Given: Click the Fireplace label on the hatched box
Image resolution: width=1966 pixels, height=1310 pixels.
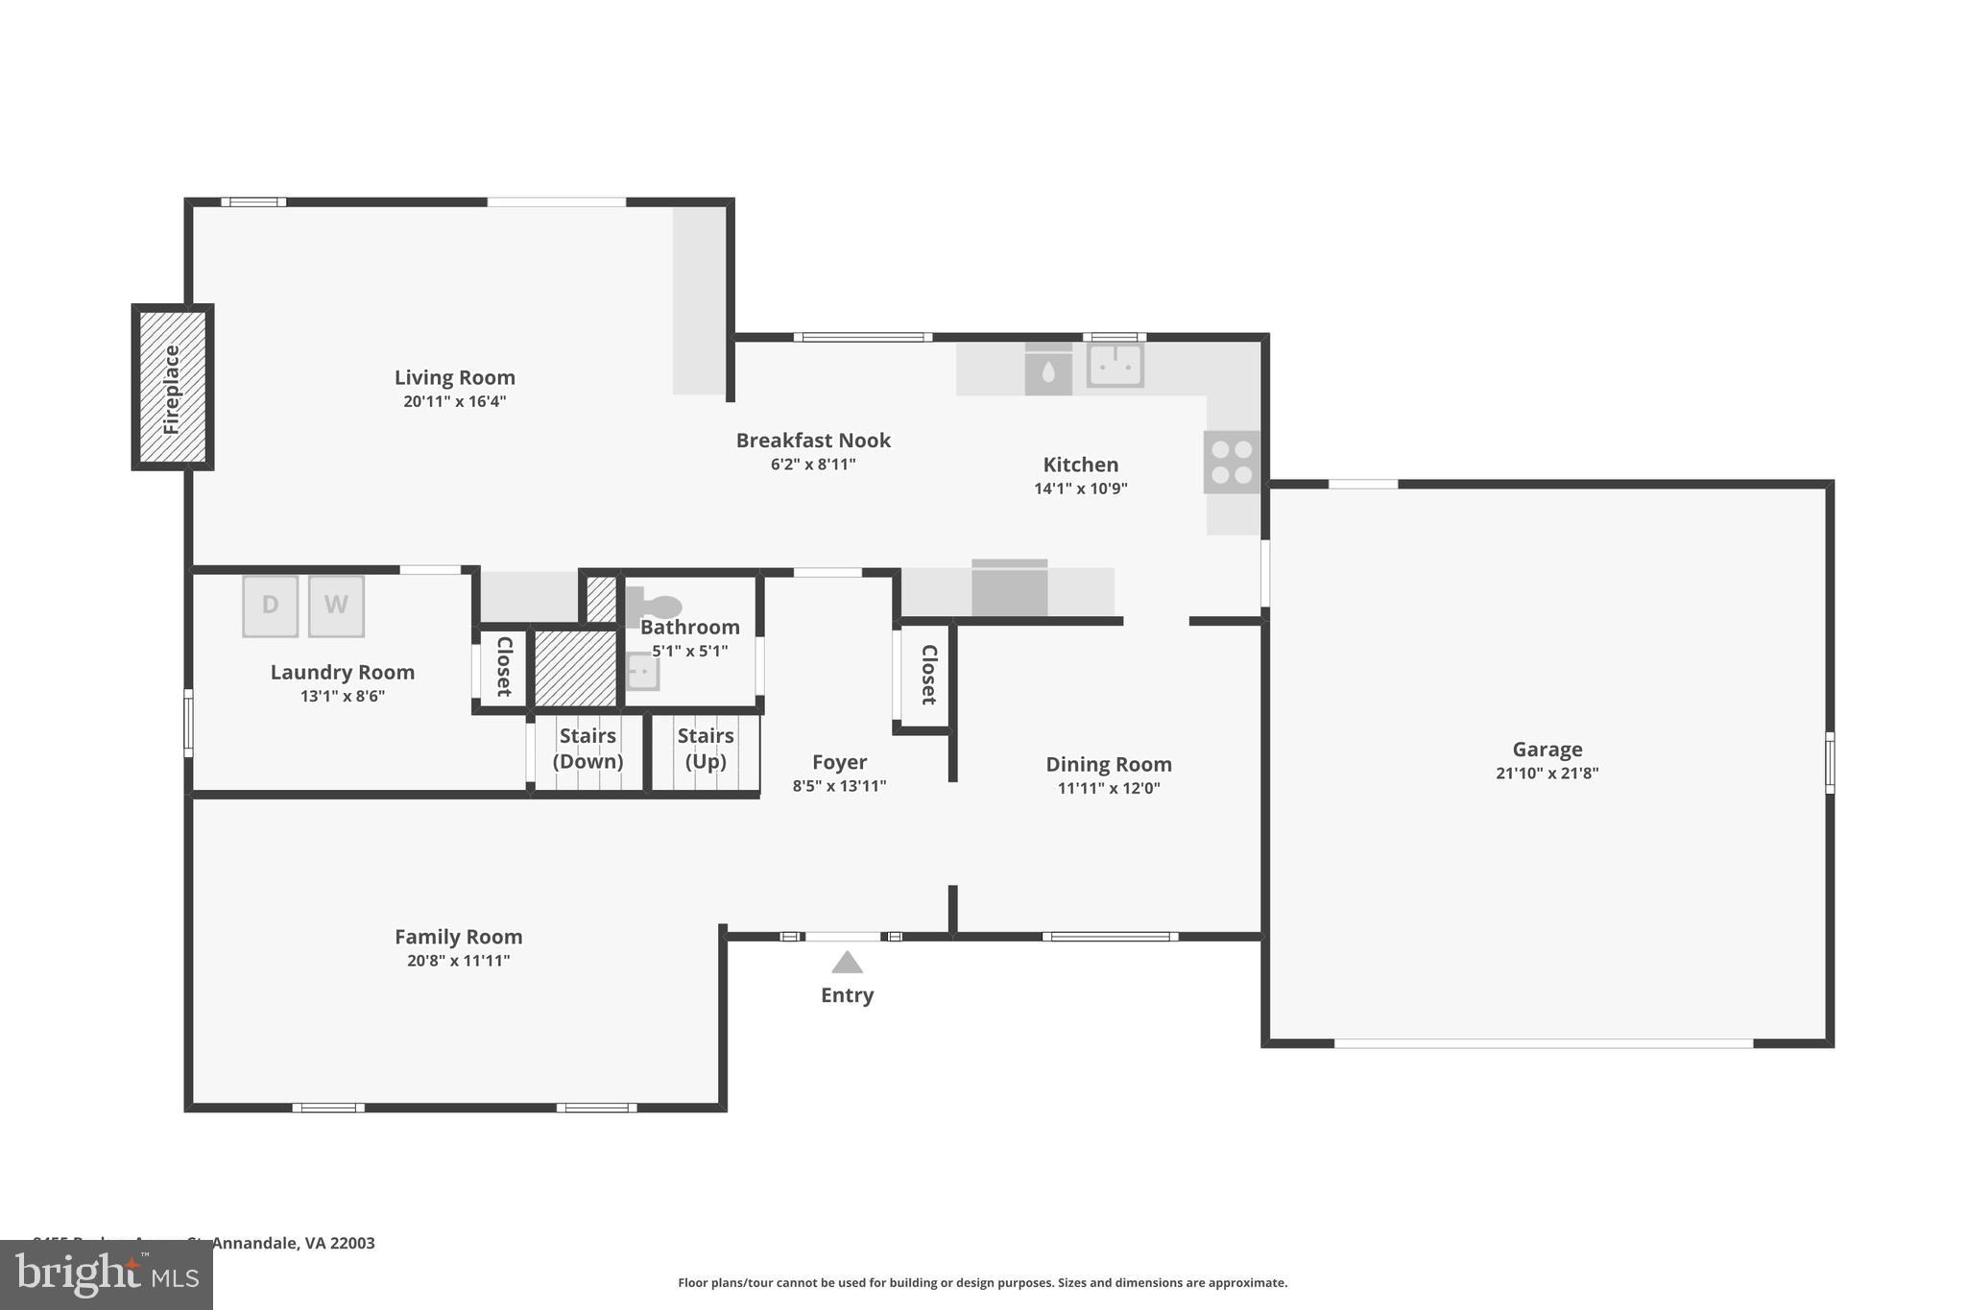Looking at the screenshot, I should [172, 389].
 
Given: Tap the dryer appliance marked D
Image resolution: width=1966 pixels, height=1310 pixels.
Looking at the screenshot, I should [270, 606].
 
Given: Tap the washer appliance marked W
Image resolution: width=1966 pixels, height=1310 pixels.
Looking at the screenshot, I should [336, 606].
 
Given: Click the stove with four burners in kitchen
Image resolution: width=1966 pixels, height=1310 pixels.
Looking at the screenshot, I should [1232, 462].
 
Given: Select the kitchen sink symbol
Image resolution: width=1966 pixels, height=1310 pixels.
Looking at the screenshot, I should [1115, 366].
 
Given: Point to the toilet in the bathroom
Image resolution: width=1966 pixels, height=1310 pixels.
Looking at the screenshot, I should [656, 607].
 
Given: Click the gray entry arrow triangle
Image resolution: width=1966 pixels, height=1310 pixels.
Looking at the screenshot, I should [847, 963].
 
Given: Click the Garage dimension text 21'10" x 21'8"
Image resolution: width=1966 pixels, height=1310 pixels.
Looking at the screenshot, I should [1546, 774].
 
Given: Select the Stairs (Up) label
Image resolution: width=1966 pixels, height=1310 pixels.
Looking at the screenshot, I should [706, 749].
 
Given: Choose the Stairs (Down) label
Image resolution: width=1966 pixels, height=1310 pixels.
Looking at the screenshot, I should [587, 749].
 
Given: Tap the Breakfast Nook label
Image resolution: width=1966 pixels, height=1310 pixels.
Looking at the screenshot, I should [813, 441].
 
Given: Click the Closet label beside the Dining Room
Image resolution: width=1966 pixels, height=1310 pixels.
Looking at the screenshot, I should [928, 675].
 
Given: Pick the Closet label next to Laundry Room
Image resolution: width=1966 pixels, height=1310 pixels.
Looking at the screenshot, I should [503, 666].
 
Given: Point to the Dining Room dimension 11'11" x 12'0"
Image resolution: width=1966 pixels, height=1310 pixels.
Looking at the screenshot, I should [1109, 789].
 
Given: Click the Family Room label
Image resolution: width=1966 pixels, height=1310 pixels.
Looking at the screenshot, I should [458, 937].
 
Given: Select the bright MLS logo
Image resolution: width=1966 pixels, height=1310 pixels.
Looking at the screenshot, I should [107, 1274].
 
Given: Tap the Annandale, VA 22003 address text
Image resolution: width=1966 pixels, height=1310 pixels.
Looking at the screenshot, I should [293, 1243].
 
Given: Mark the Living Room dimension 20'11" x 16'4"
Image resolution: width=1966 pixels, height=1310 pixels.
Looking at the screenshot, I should [454, 402].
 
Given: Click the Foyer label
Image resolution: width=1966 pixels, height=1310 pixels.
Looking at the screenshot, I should [839, 762].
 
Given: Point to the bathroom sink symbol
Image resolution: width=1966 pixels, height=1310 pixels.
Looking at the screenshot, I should [642, 672].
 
